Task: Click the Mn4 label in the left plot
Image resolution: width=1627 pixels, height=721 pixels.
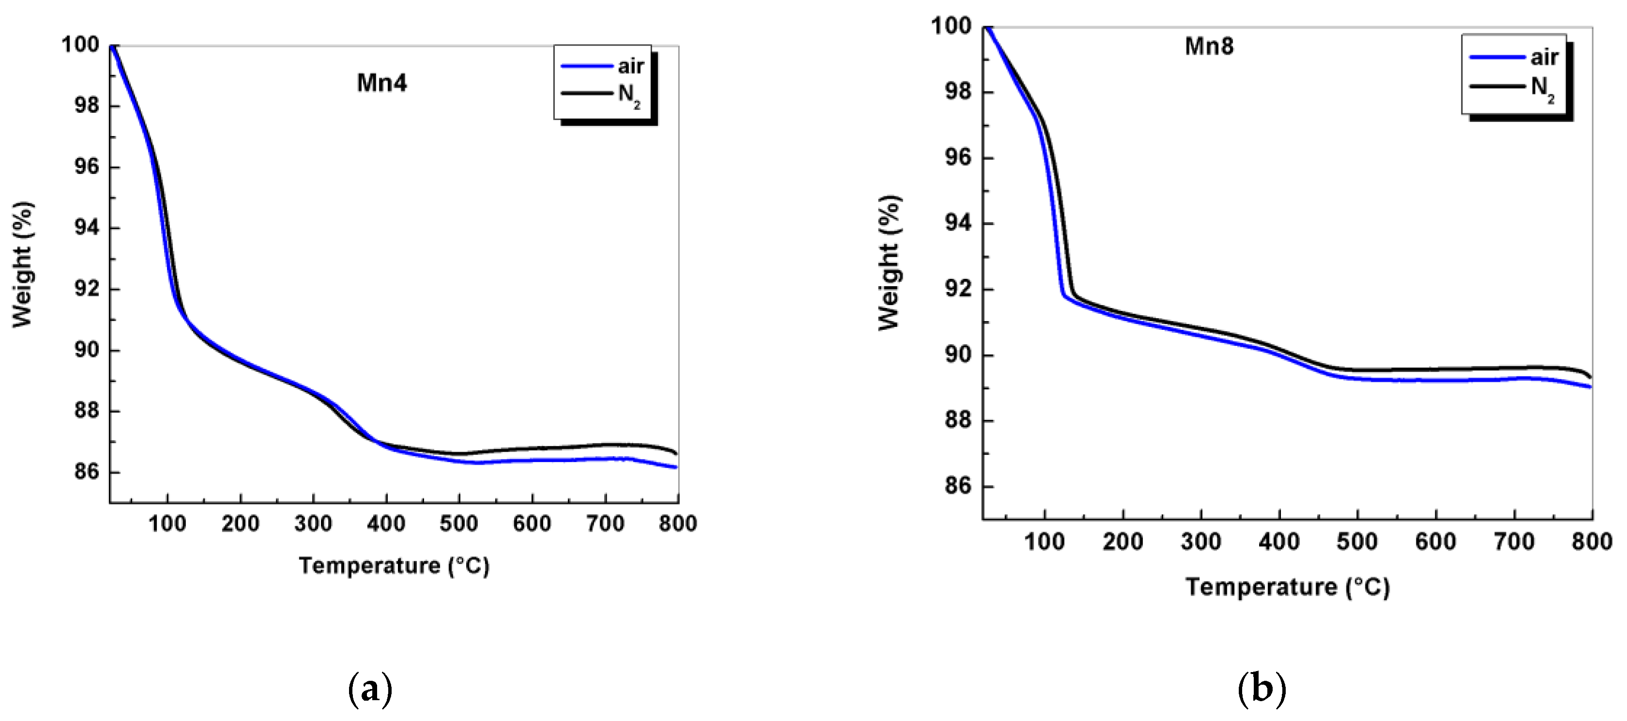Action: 381,83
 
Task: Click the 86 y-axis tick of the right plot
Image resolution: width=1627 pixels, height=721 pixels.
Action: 958,487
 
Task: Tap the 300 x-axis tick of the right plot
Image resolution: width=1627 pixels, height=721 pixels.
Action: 1201,541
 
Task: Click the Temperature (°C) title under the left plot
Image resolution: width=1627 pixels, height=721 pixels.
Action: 394,565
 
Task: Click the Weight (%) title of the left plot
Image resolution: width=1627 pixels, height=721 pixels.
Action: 23,264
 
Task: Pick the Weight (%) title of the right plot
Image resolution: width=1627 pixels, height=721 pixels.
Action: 889,262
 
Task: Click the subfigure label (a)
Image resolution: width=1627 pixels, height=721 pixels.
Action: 370,690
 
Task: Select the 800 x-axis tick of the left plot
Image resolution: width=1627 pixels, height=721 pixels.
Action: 678,524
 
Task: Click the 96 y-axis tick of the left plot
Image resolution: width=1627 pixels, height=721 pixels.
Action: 88,168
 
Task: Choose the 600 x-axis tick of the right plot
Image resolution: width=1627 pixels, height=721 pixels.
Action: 1436,541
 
